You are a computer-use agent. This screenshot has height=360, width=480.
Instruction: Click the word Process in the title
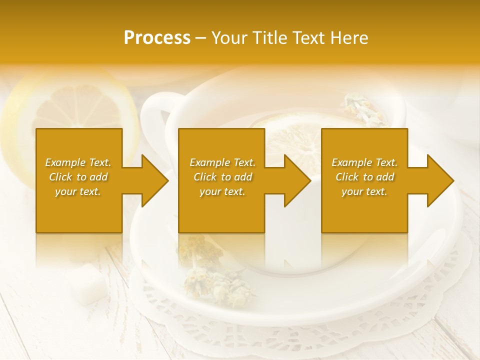point(157,38)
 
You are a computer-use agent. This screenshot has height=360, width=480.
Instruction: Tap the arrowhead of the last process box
point(439,180)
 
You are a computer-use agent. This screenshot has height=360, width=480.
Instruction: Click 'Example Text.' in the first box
point(78,162)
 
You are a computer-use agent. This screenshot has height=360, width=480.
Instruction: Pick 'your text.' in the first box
point(78,191)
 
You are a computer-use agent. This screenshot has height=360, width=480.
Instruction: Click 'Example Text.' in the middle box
point(222,162)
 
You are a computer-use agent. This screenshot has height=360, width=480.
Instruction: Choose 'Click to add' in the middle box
point(222,177)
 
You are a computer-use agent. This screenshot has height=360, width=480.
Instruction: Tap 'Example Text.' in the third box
point(364,162)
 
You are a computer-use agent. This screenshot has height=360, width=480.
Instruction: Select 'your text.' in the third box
point(364,191)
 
